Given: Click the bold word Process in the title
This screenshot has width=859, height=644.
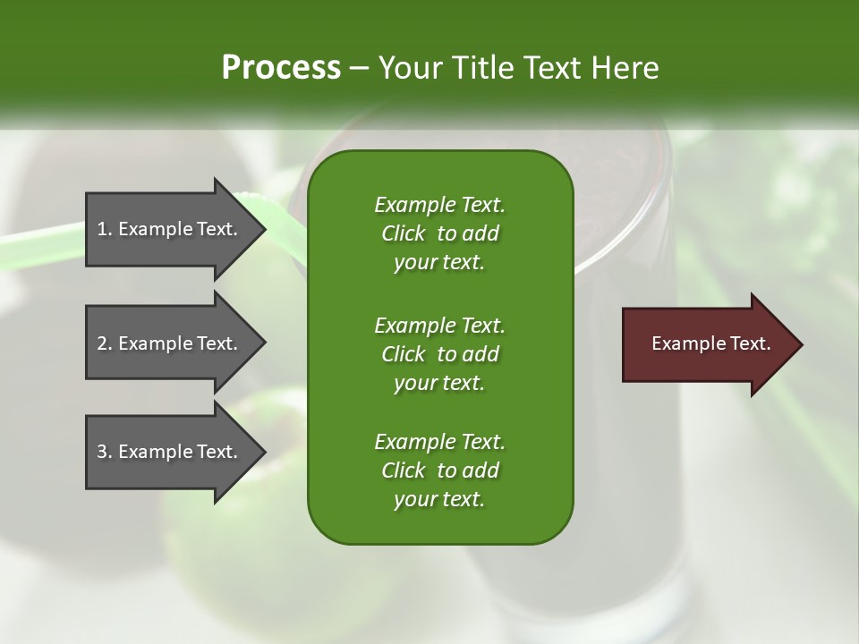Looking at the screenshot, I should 281,68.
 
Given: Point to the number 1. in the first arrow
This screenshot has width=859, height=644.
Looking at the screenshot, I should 105,229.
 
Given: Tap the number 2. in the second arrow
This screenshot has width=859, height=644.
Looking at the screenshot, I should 105,343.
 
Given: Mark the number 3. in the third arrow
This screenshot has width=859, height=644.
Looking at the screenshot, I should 105,452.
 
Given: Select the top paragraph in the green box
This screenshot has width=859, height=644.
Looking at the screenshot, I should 439,233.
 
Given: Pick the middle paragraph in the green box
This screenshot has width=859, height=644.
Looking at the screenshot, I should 439,353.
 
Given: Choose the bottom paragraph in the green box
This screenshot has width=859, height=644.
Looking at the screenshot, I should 439,470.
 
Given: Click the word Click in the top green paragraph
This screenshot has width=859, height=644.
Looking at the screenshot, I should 403,233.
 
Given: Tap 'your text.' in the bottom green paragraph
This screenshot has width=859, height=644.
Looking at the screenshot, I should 439,500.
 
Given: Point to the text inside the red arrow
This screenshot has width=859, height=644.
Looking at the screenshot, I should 710,343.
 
